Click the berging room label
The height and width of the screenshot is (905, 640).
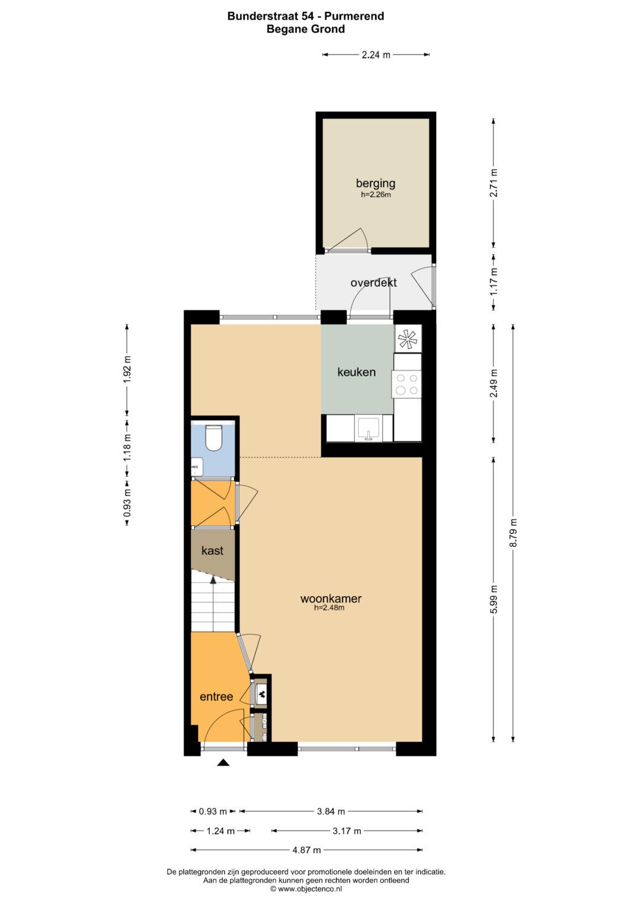[375, 183]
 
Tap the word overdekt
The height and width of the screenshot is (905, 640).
[373, 283]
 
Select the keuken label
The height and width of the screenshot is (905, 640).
[356, 372]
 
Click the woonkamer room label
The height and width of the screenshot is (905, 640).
[331, 599]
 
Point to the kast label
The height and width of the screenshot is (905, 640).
[212, 550]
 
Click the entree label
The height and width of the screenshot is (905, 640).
[216, 696]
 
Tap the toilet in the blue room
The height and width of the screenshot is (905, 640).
[213, 437]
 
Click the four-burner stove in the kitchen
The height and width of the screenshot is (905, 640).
[407, 384]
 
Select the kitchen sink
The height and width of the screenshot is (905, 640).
[368, 428]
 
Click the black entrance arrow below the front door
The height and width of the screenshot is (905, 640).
[223, 763]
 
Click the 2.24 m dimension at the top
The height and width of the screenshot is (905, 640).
[376, 55]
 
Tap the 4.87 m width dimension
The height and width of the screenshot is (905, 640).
[307, 850]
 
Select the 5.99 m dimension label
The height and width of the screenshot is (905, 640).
[494, 599]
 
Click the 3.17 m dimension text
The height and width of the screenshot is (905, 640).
[347, 831]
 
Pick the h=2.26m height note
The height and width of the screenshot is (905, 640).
[376, 194]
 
